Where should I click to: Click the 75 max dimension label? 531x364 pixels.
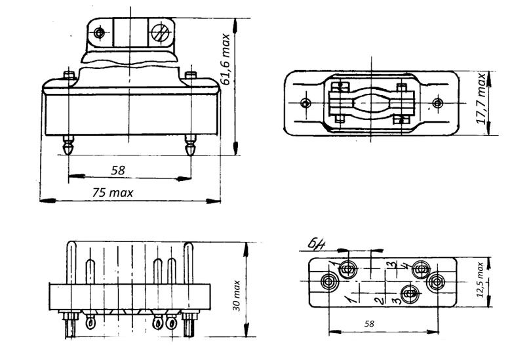pos(112,192)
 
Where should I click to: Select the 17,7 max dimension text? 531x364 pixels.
pos(481,99)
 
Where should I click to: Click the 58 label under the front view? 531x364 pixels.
pos(118,170)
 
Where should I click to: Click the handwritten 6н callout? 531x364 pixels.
pos(314,245)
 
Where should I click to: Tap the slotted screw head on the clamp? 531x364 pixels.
pos(159,32)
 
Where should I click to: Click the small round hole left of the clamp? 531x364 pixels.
pos(99,32)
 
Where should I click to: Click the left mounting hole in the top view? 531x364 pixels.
pos(304,102)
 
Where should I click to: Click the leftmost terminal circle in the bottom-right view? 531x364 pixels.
pos(330,282)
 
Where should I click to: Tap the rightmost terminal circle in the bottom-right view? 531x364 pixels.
pos(436,282)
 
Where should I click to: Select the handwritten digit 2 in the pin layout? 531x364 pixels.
pos(378,301)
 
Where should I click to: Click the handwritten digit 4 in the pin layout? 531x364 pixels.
pos(405,267)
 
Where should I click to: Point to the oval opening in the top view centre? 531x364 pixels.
pos(370,104)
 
